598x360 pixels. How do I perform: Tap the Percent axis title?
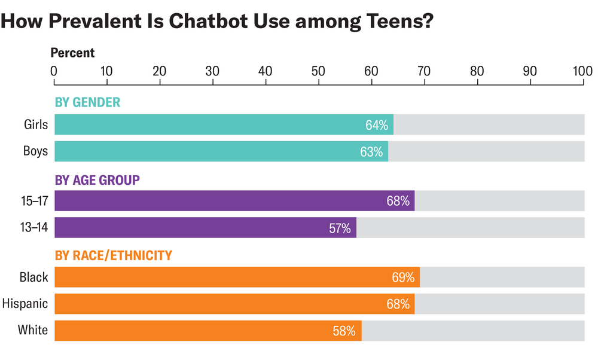click(x=72, y=53)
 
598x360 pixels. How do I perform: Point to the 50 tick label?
click(x=318, y=71)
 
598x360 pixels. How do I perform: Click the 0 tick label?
click(x=54, y=71)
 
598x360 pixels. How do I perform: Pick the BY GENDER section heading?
click(x=87, y=102)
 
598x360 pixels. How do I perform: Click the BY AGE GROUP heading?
click(x=97, y=179)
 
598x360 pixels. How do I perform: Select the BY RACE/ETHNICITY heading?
click(x=114, y=256)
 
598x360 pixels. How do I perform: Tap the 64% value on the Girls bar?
click(x=377, y=125)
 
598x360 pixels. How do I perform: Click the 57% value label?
click(x=340, y=228)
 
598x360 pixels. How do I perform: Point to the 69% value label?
click(x=403, y=277)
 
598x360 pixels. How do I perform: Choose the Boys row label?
click(x=35, y=151)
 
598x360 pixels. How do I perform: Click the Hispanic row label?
click(x=25, y=304)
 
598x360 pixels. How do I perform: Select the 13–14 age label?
click(x=34, y=228)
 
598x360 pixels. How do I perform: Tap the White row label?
click(x=33, y=330)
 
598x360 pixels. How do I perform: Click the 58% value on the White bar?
click(x=344, y=331)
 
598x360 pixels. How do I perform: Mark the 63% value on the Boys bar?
click(x=371, y=152)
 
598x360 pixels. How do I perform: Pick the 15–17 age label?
click(x=34, y=201)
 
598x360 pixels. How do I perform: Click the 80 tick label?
click(x=477, y=71)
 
